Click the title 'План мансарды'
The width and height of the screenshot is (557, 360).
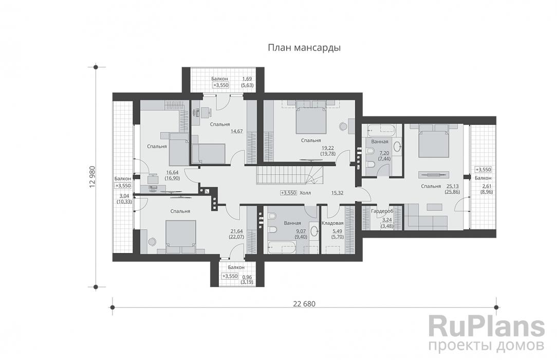pyautogui.click(x=304, y=48)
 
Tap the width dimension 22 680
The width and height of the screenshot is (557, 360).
pyautogui.click(x=304, y=304)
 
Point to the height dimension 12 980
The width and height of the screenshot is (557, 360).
pyautogui.click(x=92, y=176)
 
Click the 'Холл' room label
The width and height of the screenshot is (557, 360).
pyautogui.click(x=305, y=193)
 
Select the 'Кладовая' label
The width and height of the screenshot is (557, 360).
pyautogui.click(x=332, y=223)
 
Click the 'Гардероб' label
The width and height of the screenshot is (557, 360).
pyautogui.click(x=382, y=211)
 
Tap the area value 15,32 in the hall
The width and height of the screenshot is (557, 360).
pyautogui.click(x=337, y=193)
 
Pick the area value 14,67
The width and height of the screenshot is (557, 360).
pyautogui.click(x=236, y=131)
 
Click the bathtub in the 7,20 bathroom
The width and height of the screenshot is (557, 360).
pyautogui.click(x=381, y=131)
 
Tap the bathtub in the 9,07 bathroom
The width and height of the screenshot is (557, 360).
pyautogui.click(x=282, y=247)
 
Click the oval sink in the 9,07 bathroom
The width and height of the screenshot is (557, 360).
pyautogui.click(x=314, y=232)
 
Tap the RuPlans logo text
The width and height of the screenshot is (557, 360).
pyautogui.click(x=486, y=326)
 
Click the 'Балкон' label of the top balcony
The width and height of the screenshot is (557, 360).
pyautogui.click(x=219, y=79)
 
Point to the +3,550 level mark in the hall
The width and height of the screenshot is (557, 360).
pyautogui.click(x=288, y=193)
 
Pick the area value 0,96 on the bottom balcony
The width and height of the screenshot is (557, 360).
pyautogui.click(x=247, y=277)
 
